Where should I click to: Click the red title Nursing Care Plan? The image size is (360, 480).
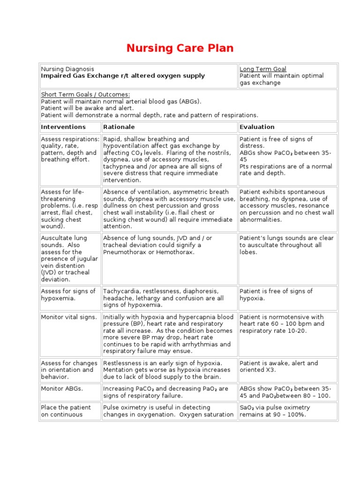180,48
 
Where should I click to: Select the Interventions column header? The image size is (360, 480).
63,127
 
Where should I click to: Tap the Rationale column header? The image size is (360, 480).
119,127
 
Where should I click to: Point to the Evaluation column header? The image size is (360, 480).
257,127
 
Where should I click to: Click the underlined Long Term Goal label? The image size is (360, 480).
263,69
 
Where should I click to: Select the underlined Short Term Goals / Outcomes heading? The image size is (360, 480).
85,94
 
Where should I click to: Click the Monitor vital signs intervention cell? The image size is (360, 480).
69,317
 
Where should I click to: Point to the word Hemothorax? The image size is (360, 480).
176,252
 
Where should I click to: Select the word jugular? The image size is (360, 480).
87,259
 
